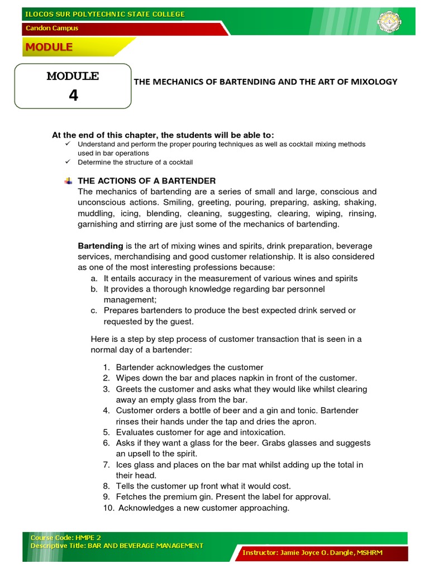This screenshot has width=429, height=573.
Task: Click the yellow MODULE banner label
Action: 48,47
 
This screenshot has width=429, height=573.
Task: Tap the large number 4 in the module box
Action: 73,95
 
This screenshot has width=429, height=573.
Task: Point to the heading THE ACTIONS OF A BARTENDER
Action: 146,180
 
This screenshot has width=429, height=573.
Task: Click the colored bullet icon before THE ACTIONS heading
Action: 68,180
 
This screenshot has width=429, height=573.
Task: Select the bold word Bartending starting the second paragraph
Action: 101,246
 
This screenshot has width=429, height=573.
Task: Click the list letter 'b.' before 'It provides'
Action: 93,289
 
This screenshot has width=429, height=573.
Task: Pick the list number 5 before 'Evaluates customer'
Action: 106,432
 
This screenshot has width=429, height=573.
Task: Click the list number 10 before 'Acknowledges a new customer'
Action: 107,508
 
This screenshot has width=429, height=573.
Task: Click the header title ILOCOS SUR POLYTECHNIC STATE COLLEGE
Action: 104,14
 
